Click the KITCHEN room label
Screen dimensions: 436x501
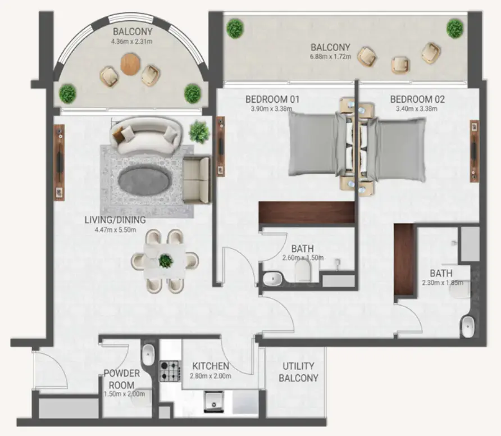pyautogui.click(x=211, y=365)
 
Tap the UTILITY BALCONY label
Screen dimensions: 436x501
pyautogui.click(x=298, y=372)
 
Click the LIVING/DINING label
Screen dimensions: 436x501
pyautogui.click(x=115, y=220)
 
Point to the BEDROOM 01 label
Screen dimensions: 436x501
pyautogui.click(x=272, y=99)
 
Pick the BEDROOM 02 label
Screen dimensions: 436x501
pyautogui.click(x=417, y=99)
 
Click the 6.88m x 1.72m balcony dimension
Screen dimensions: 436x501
pyautogui.click(x=331, y=56)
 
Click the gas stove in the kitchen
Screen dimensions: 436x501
pyautogui.click(x=169, y=371)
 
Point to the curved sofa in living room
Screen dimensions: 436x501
pyautogui.click(x=144, y=135)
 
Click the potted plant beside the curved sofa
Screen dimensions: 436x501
pyautogui.click(x=199, y=131)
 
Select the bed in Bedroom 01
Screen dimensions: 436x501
pyautogui.click(x=315, y=143)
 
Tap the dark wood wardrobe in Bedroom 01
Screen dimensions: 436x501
pyautogui.click(x=306, y=214)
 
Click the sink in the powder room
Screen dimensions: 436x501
pyautogui.click(x=148, y=354)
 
